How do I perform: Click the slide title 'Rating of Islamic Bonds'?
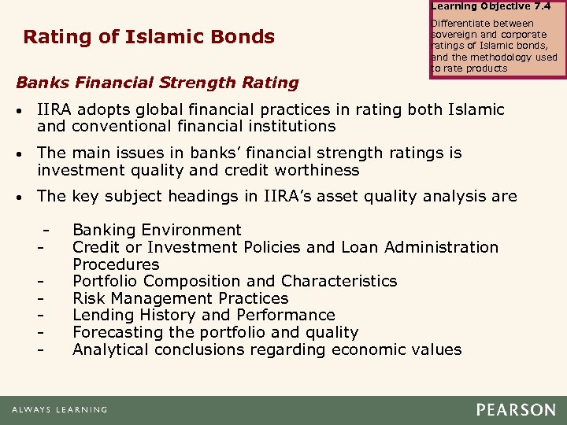point(149,37)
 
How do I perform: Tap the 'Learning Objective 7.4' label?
point(491,6)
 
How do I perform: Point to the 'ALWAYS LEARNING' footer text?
point(60,410)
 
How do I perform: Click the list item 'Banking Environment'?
point(157,230)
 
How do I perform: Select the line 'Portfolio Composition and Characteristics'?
point(235,281)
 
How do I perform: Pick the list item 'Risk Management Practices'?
point(180,298)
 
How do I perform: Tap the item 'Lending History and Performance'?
point(203,316)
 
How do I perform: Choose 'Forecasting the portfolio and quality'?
point(215,333)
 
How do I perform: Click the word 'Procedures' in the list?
point(116,264)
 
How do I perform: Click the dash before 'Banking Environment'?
point(49,231)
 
